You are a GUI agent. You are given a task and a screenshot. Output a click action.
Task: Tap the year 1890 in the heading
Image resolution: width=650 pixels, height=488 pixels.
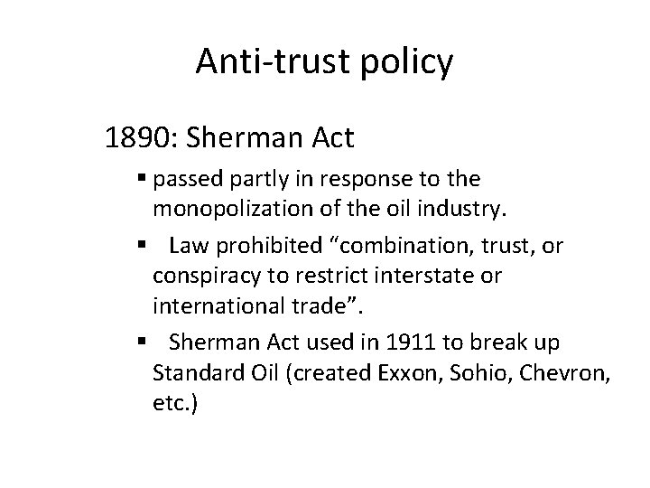pyautogui.click(x=133, y=138)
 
